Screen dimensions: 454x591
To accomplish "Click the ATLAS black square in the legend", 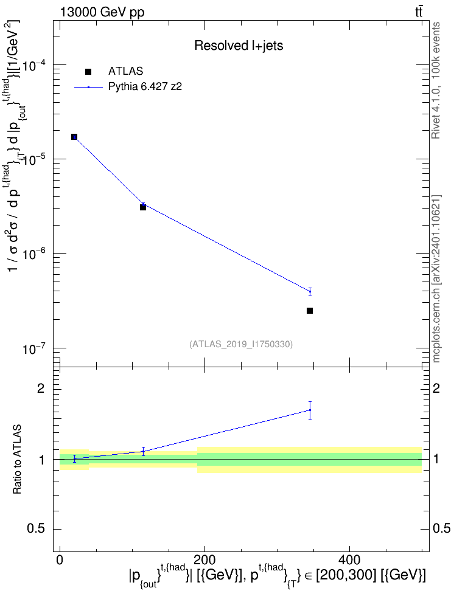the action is [88, 72].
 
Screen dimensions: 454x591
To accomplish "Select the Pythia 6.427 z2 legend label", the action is [145, 87].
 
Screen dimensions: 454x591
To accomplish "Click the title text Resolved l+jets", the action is [239, 46].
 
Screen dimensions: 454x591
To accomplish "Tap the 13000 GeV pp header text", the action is [102, 12].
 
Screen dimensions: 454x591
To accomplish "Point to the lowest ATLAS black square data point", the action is [310, 311].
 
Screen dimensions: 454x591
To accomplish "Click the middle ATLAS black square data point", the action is [143, 207].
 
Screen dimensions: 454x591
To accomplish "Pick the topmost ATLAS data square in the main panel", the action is [74, 137].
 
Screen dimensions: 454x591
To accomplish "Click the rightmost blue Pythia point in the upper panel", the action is [310, 291].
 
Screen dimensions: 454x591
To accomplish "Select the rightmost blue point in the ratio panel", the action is [310, 410].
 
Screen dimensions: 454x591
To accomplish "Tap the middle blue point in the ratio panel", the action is [143, 451].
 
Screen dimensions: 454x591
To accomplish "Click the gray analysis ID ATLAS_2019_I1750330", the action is [241, 344].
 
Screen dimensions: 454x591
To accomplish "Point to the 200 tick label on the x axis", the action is [204, 560].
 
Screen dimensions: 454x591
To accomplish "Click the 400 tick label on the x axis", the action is [349, 560].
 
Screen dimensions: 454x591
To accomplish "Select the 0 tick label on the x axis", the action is [60, 560].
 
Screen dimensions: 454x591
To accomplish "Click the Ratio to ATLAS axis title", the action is [17, 459].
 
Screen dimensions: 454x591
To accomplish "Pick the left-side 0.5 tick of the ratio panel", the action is [36, 529].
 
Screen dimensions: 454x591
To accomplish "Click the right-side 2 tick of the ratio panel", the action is [436, 389].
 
